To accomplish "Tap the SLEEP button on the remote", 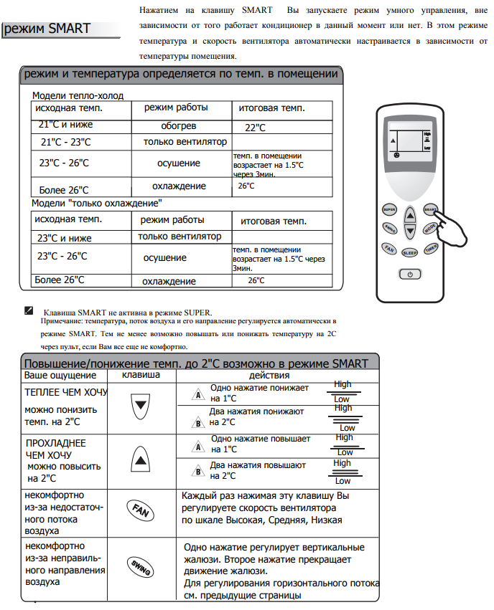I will [x=409, y=252].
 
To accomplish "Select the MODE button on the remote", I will [x=429, y=229].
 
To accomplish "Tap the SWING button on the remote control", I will [x=390, y=229].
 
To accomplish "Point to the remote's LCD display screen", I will [x=409, y=143].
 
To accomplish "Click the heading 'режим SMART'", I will [x=49, y=29].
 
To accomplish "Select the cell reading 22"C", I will [x=255, y=128].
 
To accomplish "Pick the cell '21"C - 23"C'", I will [x=66, y=142].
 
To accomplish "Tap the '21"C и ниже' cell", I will [x=66, y=125].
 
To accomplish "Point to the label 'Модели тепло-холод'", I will [x=78, y=95].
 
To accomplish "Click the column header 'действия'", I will [x=269, y=375].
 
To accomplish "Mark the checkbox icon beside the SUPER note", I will [x=29, y=311].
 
